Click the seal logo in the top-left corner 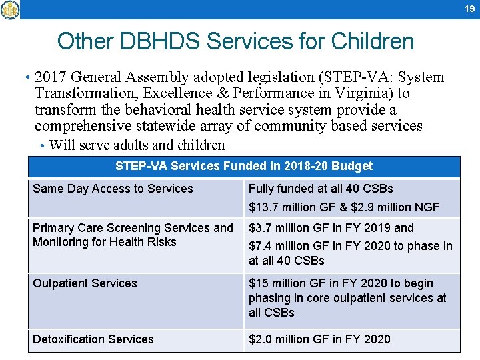(x=10, y=9)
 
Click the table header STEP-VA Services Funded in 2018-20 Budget (x=244, y=166)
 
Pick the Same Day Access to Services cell (x=113, y=189)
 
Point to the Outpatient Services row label (x=85, y=283)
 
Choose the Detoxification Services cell (x=93, y=339)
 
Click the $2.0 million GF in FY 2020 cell (x=319, y=339)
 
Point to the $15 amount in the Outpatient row (x=257, y=283)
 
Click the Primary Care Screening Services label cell (x=133, y=235)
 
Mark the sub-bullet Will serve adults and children (x=137, y=145)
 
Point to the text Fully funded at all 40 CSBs (x=321, y=189)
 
